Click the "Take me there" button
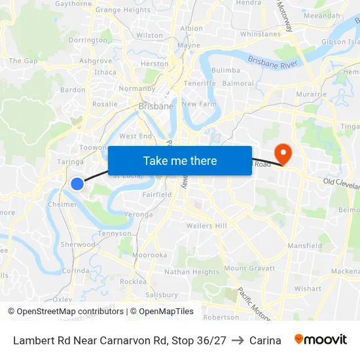(180, 160)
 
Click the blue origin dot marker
(77, 184)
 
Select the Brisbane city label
(156, 105)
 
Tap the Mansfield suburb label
(304, 246)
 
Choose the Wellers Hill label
(206, 226)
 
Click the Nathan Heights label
(192, 272)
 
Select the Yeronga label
(138, 214)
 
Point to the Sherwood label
(78, 244)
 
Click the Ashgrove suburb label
(96, 61)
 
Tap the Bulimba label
(226, 70)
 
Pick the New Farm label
(198, 104)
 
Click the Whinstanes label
(261, 34)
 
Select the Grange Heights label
(123, 10)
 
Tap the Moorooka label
(149, 255)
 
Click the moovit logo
(321, 340)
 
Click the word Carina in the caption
(265, 340)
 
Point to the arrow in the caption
(238, 340)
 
